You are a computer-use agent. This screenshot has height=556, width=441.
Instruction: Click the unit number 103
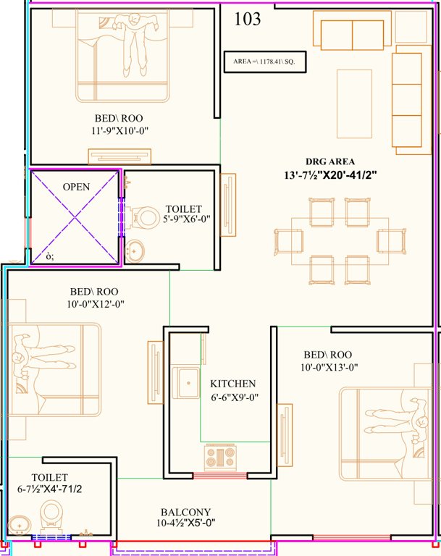(x=248, y=20)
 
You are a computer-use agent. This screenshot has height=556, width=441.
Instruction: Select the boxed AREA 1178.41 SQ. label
(x=264, y=62)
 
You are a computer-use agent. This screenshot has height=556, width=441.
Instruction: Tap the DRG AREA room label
(x=329, y=161)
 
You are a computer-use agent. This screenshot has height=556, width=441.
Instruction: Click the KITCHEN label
(x=232, y=383)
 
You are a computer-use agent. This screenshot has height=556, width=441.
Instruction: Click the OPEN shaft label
(x=76, y=187)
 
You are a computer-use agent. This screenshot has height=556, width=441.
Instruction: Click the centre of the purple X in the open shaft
(x=75, y=217)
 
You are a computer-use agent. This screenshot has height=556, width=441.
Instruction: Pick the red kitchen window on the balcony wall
(x=219, y=476)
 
